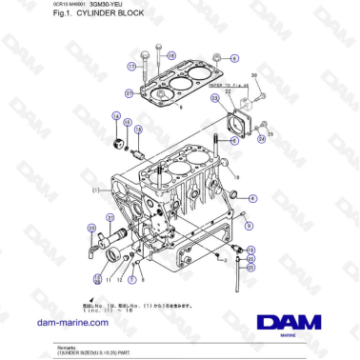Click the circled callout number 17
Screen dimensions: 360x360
click(133, 66)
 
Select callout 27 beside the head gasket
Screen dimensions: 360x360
click(129, 92)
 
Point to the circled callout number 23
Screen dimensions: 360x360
click(214, 99)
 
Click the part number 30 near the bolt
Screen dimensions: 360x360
click(253, 74)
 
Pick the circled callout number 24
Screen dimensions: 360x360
click(261, 138)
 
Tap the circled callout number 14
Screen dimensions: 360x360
click(116, 116)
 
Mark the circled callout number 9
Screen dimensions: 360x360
click(249, 226)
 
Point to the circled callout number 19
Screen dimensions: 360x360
click(250, 249)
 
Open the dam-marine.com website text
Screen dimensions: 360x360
click(75, 323)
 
